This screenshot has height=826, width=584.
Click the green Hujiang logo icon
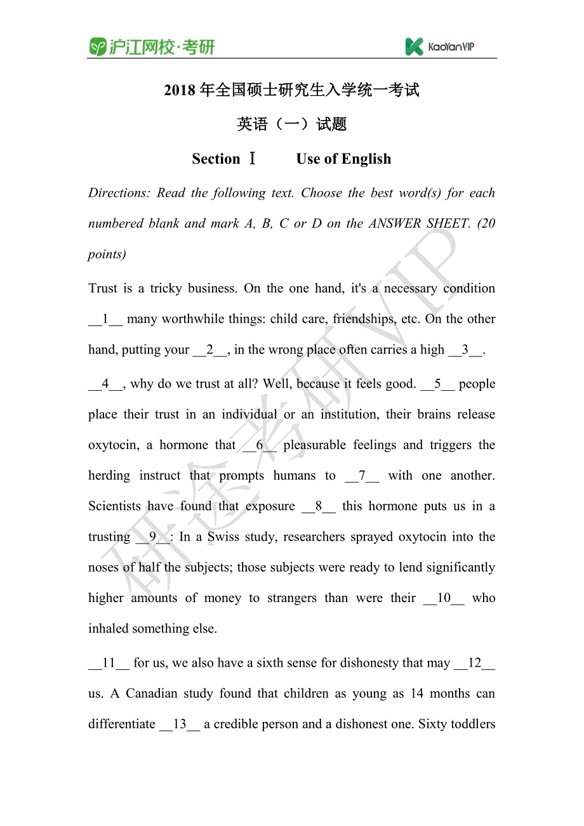[98, 47]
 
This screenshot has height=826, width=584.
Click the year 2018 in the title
[180, 91]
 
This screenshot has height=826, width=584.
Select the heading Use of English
[343, 159]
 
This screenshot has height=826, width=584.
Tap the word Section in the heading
[216, 159]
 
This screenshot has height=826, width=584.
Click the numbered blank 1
[105, 319]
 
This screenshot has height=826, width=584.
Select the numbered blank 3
[465, 350]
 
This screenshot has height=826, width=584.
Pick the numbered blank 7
[362, 476]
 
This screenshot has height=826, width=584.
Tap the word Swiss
[224, 537]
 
